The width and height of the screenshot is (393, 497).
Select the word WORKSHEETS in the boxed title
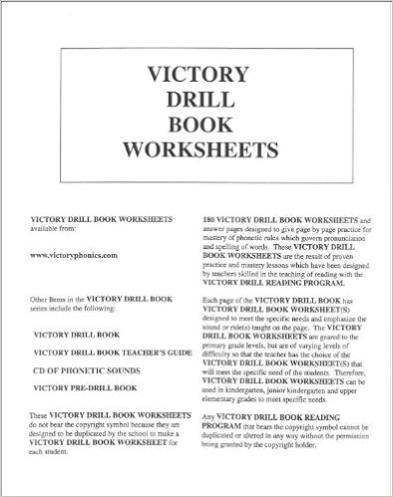point(197,150)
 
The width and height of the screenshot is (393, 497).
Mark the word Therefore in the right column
point(350,371)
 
